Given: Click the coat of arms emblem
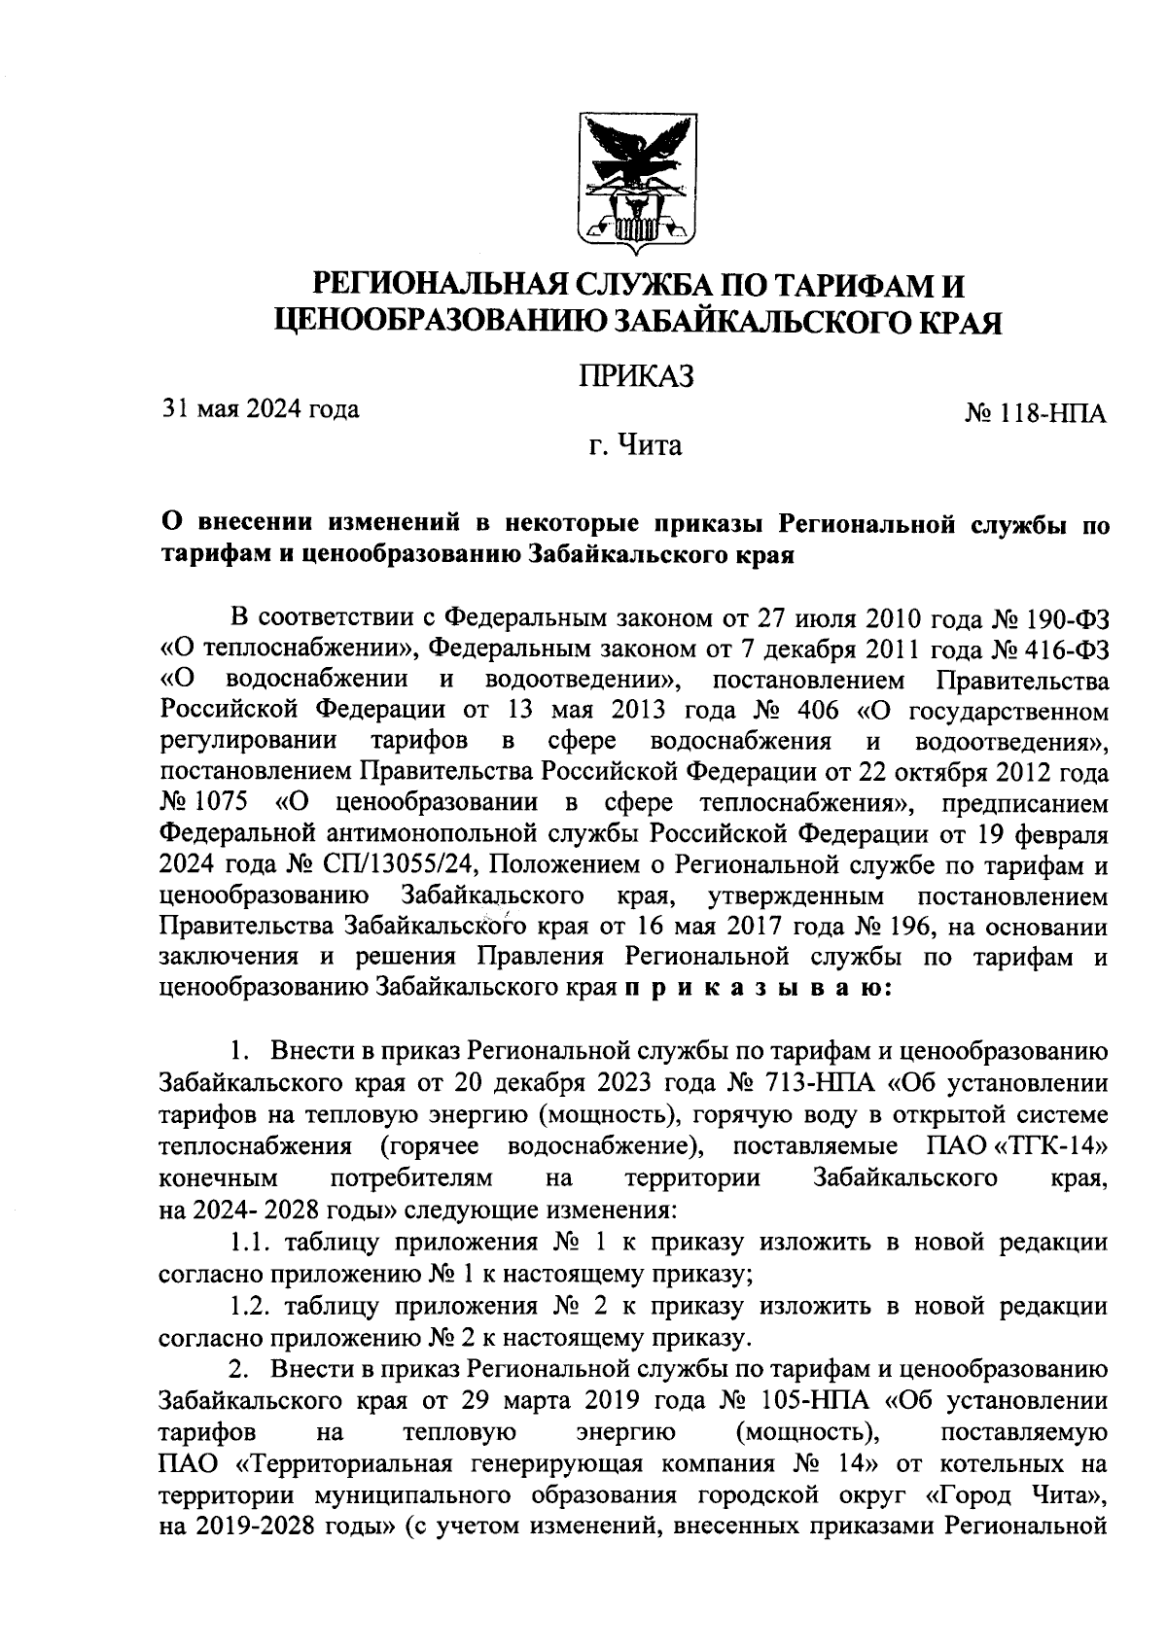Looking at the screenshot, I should pyautogui.click(x=637, y=178).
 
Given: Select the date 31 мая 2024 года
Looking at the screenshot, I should pyautogui.click(x=260, y=409).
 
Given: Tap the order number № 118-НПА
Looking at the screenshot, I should pyautogui.click(x=1035, y=414).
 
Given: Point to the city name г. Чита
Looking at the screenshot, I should pyautogui.click(x=636, y=446).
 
